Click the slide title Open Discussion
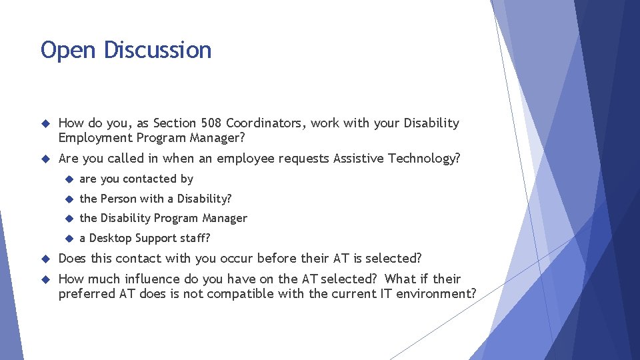pos(126,51)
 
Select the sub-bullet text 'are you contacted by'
pos(136,179)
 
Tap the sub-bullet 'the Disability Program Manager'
pos(163,219)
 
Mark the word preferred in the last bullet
pos(87,294)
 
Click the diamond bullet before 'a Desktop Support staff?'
pos(68,239)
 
